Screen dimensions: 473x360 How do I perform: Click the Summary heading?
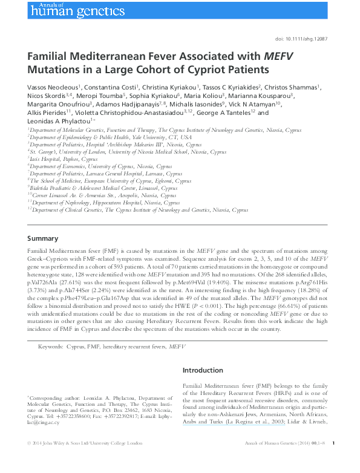pyautogui.click(x=43, y=238)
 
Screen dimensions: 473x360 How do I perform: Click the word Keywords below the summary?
pyautogui.click(x=50, y=347)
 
